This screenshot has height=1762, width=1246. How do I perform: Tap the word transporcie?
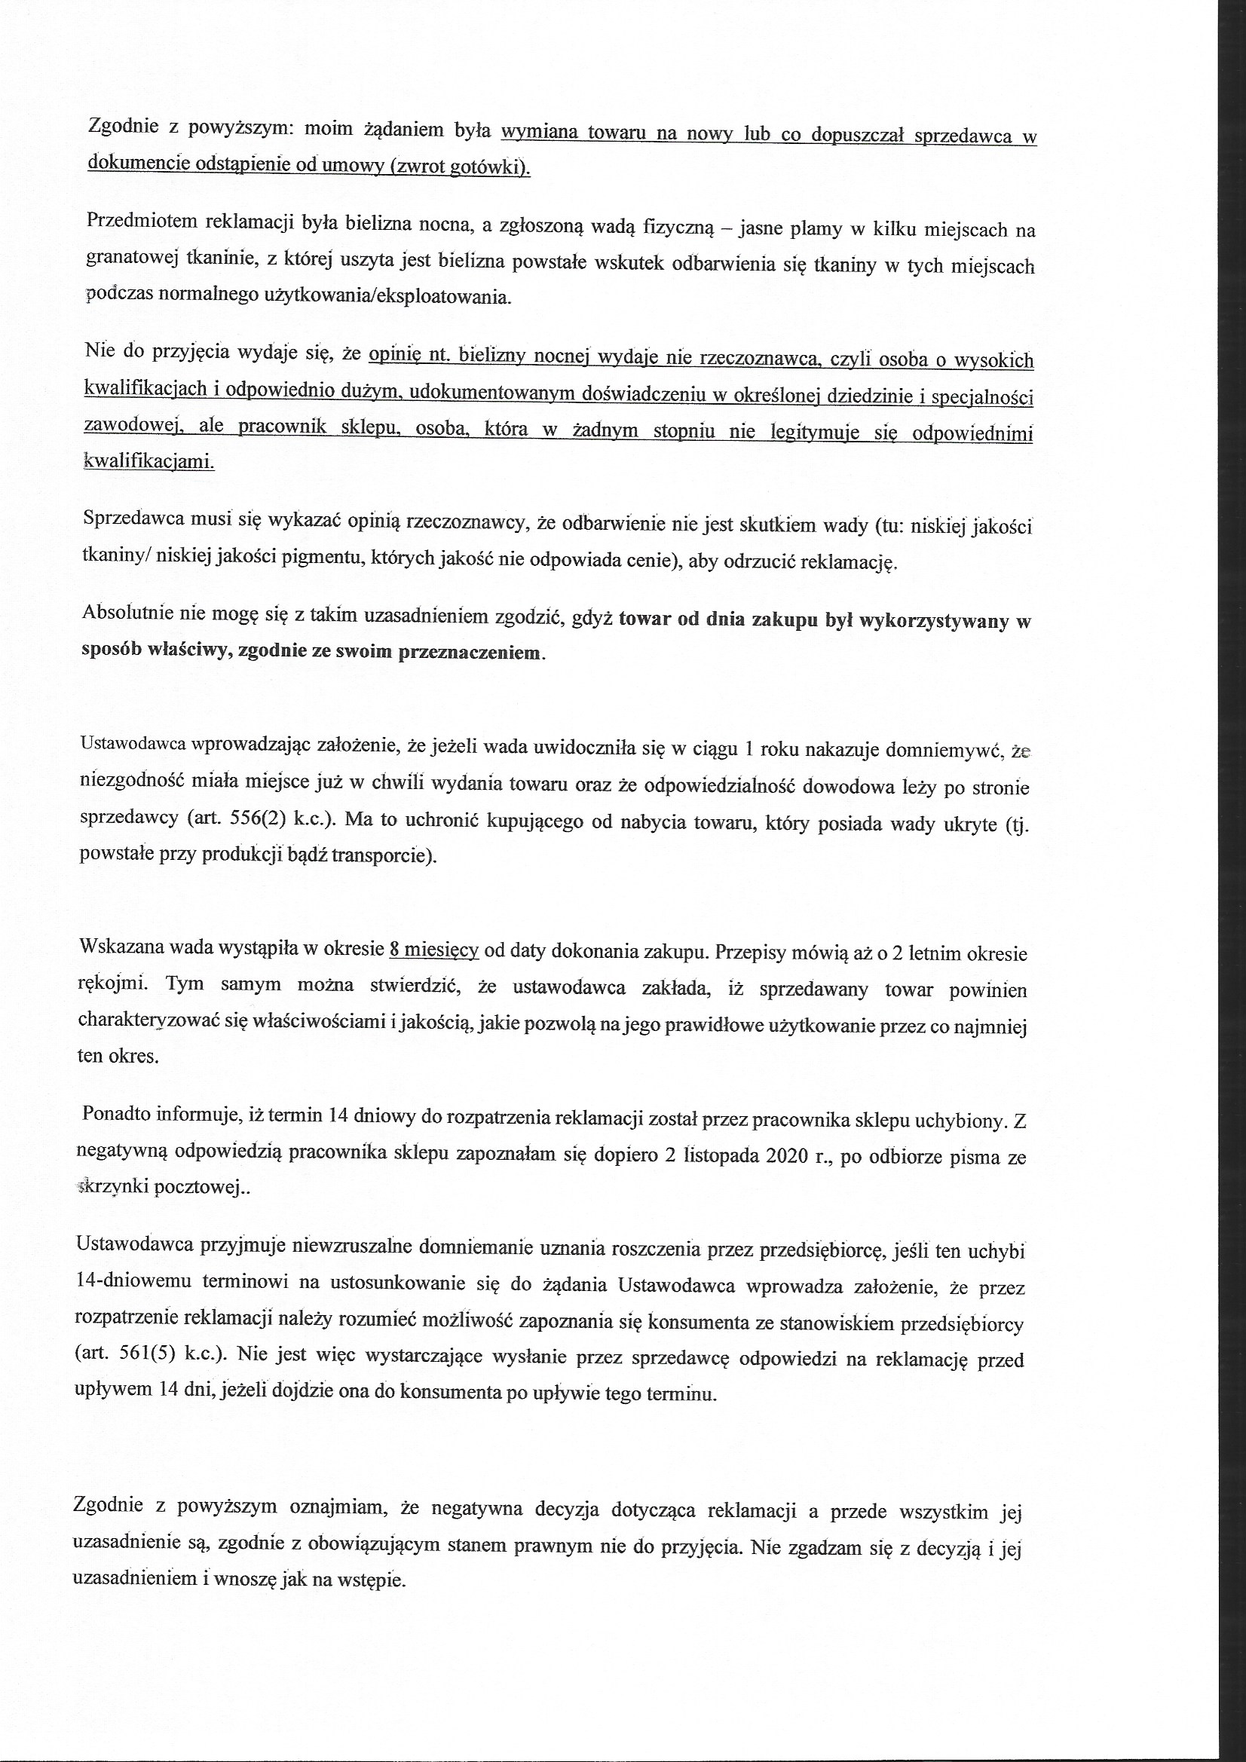(x=387, y=855)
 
